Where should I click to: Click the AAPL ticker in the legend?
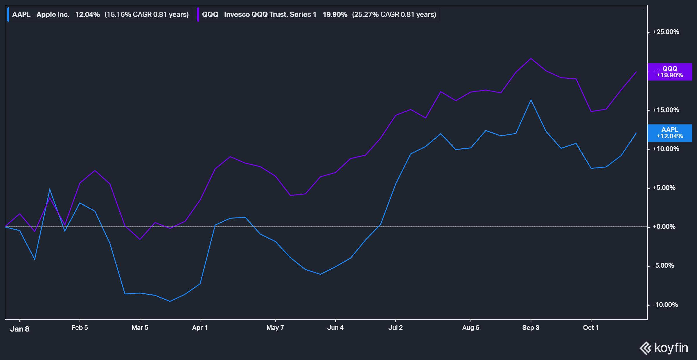click(x=21, y=15)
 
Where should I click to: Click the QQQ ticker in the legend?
click(x=210, y=15)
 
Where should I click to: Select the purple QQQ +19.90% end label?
click(x=670, y=72)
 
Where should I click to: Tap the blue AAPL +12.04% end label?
click(x=670, y=133)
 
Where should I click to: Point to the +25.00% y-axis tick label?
click(x=666, y=32)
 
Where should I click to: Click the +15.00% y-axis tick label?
click(x=666, y=110)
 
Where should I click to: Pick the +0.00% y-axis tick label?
click(x=664, y=227)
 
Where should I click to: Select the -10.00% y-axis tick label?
click(x=665, y=305)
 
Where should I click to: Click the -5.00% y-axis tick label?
click(x=663, y=266)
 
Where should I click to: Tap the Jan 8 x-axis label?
click(x=19, y=329)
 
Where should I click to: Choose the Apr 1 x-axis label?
click(x=200, y=328)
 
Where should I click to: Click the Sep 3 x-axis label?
click(x=531, y=328)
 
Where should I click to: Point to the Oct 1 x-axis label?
click(x=591, y=328)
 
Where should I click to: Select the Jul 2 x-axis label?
click(x=396, y=328)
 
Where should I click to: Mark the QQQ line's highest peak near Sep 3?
click(x=531, y=59)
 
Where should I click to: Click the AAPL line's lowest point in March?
click(x=170, y=301)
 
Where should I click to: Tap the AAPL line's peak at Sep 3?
click(x=531, y=100)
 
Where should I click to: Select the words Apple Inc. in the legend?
click(x=53, y=15)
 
